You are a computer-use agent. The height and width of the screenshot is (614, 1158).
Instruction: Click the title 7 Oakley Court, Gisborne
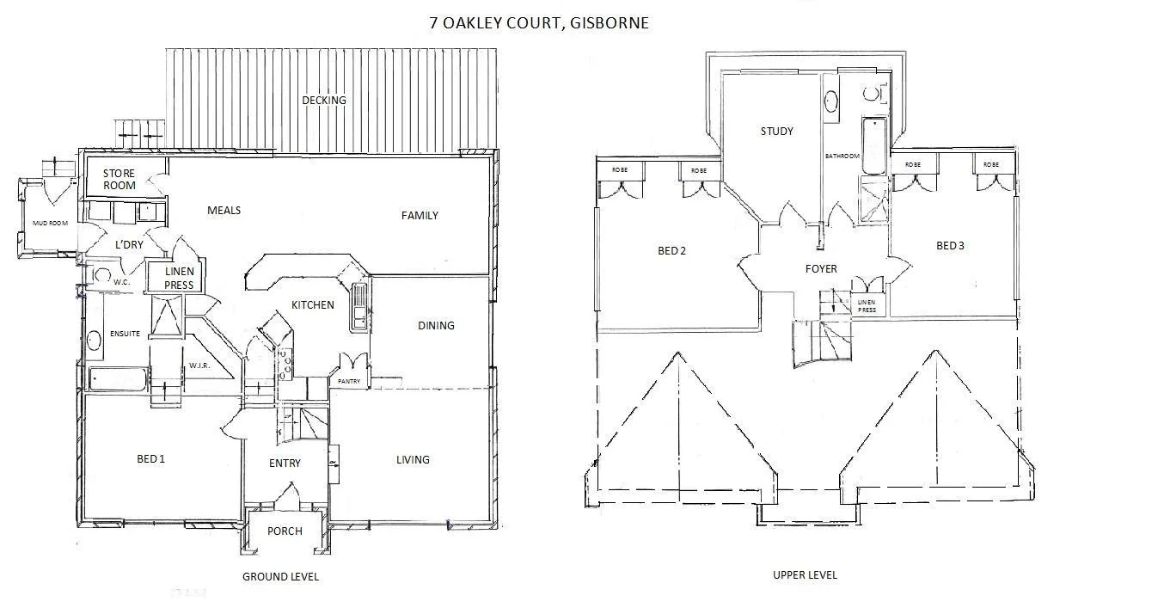coord(539,23)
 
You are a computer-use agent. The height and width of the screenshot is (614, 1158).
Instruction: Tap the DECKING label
coord(324,101)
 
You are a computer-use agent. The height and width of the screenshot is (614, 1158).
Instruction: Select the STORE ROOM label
coord(119,180)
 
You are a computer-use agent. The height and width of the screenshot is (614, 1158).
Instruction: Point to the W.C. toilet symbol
coord(102,277)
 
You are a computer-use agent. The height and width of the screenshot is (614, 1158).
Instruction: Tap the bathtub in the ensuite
coord(119,378)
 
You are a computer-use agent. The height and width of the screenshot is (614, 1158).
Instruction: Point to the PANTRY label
coord(349,380)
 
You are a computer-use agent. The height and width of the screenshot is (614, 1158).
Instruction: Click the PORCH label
coord(285,531)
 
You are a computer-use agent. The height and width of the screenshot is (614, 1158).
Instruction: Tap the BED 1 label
coord(150,459)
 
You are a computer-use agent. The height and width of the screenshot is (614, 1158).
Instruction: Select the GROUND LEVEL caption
coord(280,576)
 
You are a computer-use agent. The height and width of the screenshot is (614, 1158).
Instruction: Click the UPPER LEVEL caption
coord(805,574)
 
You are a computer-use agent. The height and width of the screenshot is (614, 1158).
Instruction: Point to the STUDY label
coord(776,132)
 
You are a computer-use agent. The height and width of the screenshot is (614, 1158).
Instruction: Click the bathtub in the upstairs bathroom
coord(874,145)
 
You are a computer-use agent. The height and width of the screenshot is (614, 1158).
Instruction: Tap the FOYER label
coord(821,269)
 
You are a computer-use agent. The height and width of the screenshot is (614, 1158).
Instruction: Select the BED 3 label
coord(950,246)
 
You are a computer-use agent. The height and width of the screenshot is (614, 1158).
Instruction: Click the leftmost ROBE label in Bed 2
coord(620,170)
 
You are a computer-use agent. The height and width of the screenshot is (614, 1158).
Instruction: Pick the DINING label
coord(436,326)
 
